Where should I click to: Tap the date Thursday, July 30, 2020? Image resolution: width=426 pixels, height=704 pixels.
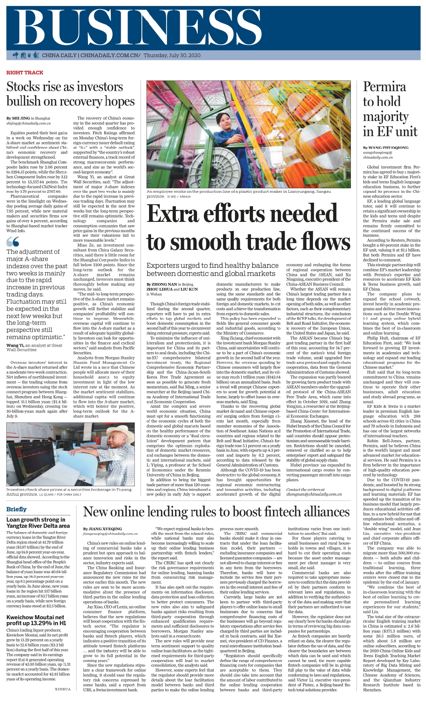(x=172, y=56)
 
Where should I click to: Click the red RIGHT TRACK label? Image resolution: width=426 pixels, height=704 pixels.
(x=25, y=72)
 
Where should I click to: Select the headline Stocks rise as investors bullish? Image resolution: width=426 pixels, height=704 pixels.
(x=70, y=94)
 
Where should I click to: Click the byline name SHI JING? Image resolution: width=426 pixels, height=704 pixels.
(x=20, y=118)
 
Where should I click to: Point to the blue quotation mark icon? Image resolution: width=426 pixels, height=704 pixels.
(x=13, y=241)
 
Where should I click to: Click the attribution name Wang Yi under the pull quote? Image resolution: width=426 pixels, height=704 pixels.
(x=12, y=345)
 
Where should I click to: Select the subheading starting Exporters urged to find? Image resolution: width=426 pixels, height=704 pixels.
(x=212, y=269)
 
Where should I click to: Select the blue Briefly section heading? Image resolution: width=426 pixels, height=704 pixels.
(x=16, y=509)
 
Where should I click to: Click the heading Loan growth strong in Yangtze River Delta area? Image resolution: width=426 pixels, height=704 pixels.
(x=38, y=523)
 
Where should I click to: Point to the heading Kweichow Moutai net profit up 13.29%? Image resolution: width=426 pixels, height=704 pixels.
(x=35, y=620)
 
